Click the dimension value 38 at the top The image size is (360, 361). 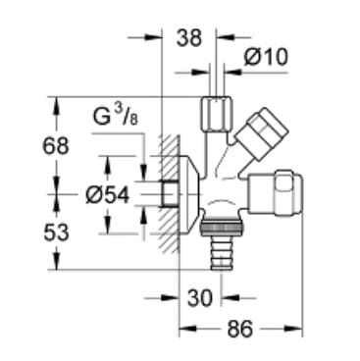(x=188, y=38)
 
